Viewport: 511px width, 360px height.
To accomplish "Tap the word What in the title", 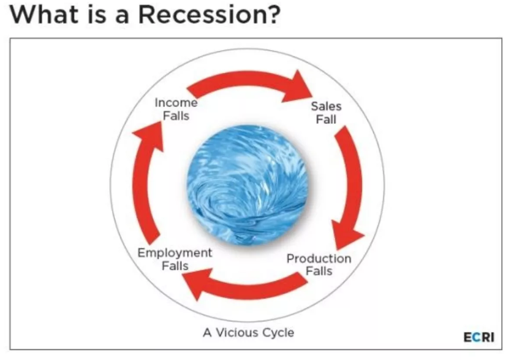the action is tap(44, 15).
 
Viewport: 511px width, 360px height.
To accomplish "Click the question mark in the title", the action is tap(273, 15).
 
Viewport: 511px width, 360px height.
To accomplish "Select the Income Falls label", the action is tap(176, 109).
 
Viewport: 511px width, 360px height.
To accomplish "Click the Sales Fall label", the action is tap(326, 113).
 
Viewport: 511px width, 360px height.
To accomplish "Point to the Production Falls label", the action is tap(319, 265).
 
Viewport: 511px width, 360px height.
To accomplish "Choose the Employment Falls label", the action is tap(175, 259).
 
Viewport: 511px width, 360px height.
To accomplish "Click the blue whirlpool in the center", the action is tap(248, 185).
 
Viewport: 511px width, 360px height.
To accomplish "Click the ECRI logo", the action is tap(479, 337).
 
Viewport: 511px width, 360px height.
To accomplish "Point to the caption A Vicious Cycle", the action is tap(248, 332).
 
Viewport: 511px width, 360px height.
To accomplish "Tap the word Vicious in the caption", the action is tap(237, 332).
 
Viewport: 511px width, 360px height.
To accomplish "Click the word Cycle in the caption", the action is tap(278, 333).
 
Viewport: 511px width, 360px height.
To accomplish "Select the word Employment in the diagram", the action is tap(175, 253).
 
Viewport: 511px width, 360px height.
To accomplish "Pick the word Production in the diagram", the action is tap(319, 259).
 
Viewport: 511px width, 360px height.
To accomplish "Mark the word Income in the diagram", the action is tap(176, 102).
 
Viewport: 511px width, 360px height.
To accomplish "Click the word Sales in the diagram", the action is tap(326, 106).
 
